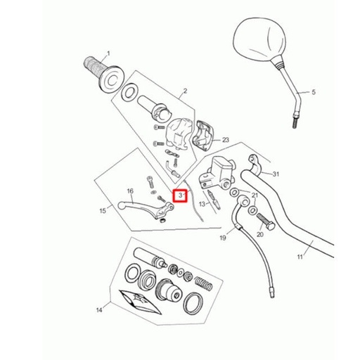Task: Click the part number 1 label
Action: [x=109, y=54]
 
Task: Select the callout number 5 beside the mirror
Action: [x=314, y=92]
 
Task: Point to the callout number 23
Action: [x=226, y=140]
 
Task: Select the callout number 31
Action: [x=276, y=174]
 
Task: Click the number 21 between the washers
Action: [x=255, y=195]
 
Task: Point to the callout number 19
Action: [x=223, y=238]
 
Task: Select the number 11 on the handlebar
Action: [x=300, y=257]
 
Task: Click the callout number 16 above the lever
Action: [x=130, y=191]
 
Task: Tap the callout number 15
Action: [x=103, y=210]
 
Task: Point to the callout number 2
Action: [x=185, y=91]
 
